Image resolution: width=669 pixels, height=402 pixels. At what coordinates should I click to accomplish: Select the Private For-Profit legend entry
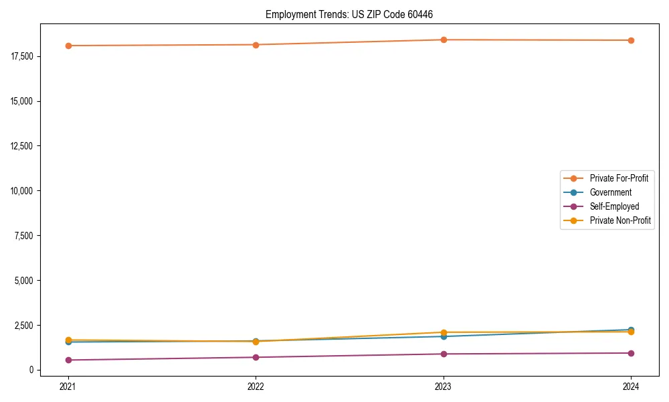(619, 178)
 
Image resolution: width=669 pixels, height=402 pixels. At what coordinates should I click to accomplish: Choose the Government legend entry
(610, 192)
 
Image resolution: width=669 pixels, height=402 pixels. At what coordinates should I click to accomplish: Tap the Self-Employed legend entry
(614, 206)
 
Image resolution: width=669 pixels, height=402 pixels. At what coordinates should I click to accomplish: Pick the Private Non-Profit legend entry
(620, 220)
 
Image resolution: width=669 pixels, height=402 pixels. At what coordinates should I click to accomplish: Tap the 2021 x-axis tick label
(68, 386)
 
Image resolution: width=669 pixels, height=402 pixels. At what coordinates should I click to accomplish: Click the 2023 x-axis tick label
(444, 386)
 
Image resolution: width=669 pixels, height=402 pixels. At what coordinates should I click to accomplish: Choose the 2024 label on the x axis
(632, 386)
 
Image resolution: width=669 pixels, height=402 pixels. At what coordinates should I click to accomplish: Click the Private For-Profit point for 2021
(68, 46)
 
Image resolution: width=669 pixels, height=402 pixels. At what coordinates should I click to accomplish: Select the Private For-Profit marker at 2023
(444, 40)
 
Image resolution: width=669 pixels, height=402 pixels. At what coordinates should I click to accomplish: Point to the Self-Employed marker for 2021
(68, 360)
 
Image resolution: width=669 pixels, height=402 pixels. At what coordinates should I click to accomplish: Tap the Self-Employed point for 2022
(256, 357)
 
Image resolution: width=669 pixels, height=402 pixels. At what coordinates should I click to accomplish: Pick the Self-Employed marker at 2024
(632, 353)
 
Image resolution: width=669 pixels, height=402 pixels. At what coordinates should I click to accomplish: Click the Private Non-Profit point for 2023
(444, 332)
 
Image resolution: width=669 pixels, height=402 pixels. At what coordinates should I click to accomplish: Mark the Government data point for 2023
(444, 336)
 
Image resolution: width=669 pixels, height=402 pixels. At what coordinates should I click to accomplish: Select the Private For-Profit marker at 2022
(256, 45)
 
